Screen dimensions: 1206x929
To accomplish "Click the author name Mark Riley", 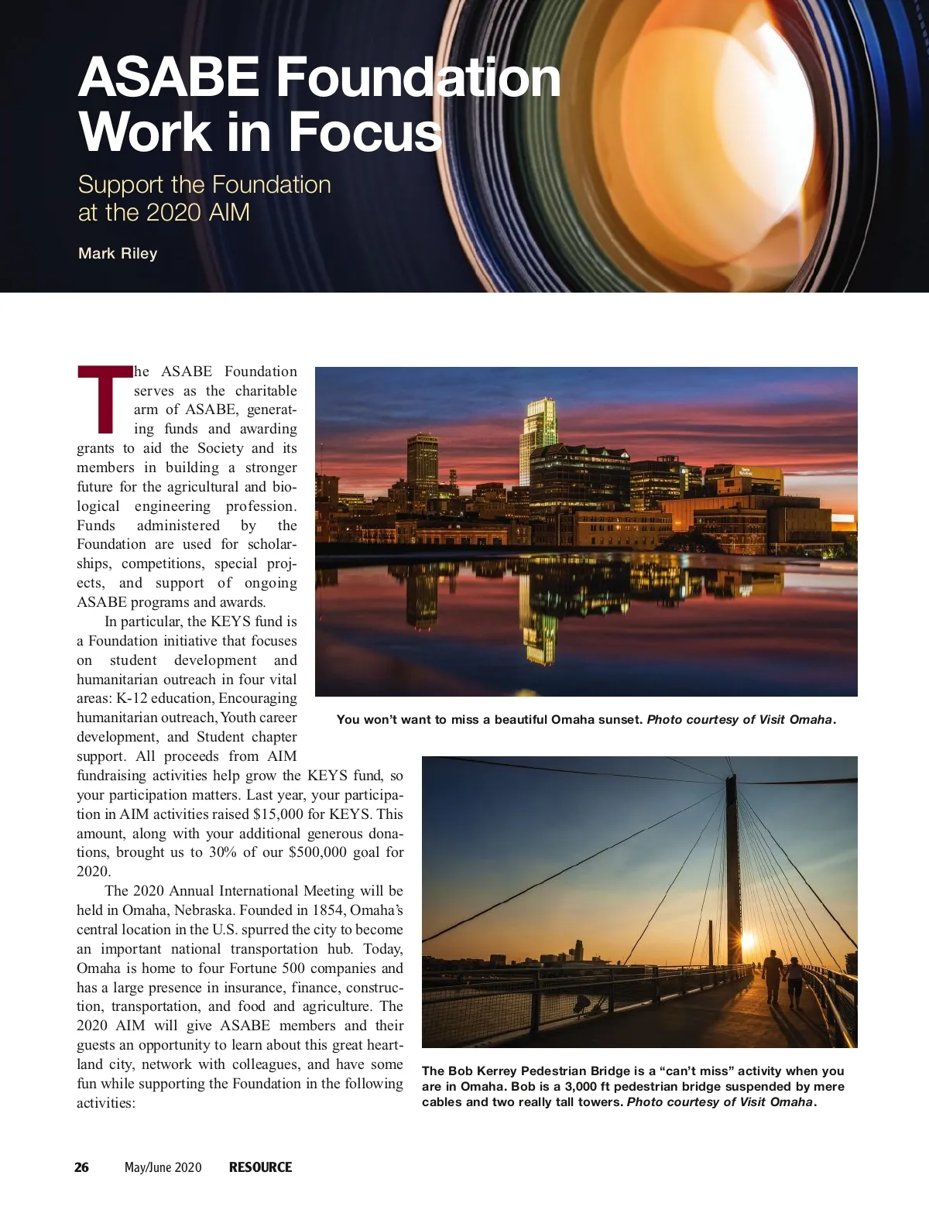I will click(x=118, y=254).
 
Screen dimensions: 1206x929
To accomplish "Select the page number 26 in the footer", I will click(x=81, y=1167).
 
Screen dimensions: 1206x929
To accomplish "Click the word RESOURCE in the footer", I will click(x=260, y=1167).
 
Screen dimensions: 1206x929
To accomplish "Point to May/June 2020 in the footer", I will click(x=163, y=1167).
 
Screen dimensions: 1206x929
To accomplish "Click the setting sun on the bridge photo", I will click(x=748, y=941).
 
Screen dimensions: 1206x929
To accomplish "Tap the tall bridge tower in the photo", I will click(x=732, y=867).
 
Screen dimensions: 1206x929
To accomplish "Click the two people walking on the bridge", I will click(x=783, y=979).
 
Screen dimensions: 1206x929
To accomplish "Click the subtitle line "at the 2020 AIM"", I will click(x=164, y=213).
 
